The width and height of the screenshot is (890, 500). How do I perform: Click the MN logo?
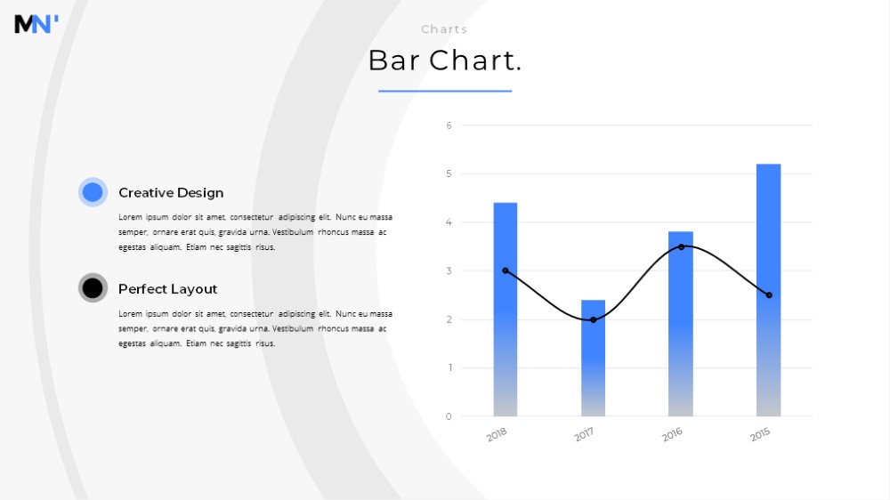coord(36,24)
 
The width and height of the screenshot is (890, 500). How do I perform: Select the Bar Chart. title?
coord(445,60)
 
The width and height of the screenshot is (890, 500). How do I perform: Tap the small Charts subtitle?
coord(444,29)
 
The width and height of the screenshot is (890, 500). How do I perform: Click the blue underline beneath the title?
coord(445,91)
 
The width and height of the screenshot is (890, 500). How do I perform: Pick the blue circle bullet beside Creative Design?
coord(93,192)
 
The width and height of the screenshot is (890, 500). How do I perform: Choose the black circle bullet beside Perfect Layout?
coord(93,288)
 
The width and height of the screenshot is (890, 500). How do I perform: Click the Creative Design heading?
coord(171,193)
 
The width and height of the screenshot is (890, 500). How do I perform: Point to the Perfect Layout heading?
coord(167,289)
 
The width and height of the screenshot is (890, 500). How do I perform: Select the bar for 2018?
coord(506,310)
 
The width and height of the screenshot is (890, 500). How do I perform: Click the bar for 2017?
coord(593,359)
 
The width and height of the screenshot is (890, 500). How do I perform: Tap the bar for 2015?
coord(769,290)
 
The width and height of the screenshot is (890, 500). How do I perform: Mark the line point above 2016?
coord(681,246)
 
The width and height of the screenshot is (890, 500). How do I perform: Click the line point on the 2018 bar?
coord(506,270)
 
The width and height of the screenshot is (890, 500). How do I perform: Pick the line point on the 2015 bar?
coord(769,295)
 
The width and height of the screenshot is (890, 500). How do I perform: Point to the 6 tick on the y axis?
coord(449,125)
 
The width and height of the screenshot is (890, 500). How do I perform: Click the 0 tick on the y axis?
coord(449,416)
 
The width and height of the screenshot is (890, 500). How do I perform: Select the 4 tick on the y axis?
coord(449,222)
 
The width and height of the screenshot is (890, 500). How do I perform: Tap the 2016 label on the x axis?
coord(672,435)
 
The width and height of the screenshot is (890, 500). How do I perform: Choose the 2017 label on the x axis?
coord(584,435)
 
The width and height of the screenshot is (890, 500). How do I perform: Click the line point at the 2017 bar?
coord(593,320)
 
